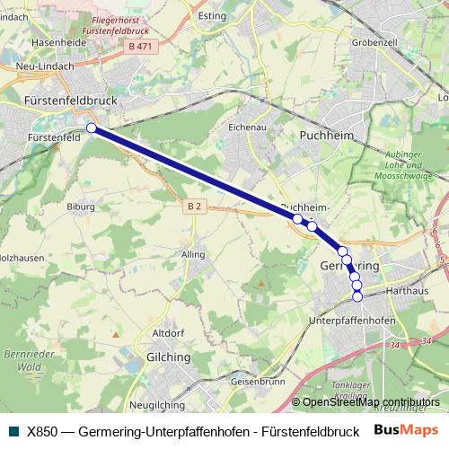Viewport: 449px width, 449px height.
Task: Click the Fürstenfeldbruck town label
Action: tap(72, 101)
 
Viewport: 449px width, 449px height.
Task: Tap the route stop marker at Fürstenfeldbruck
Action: tap(92, 128)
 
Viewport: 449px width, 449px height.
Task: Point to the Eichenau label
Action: tap(247, 127)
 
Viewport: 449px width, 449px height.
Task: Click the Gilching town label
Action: tap(168, 357)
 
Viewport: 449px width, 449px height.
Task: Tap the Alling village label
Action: tap(193, 255)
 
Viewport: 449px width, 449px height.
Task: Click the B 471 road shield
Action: tap(139, 45)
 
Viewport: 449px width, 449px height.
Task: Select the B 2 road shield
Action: tap(195, 206)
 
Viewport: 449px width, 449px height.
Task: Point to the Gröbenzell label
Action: tap(374, 42)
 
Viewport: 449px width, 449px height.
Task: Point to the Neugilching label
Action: tap(157, 404)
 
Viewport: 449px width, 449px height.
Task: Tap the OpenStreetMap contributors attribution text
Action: tap(371, 402)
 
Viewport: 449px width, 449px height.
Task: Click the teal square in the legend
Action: tap(13, 431)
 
